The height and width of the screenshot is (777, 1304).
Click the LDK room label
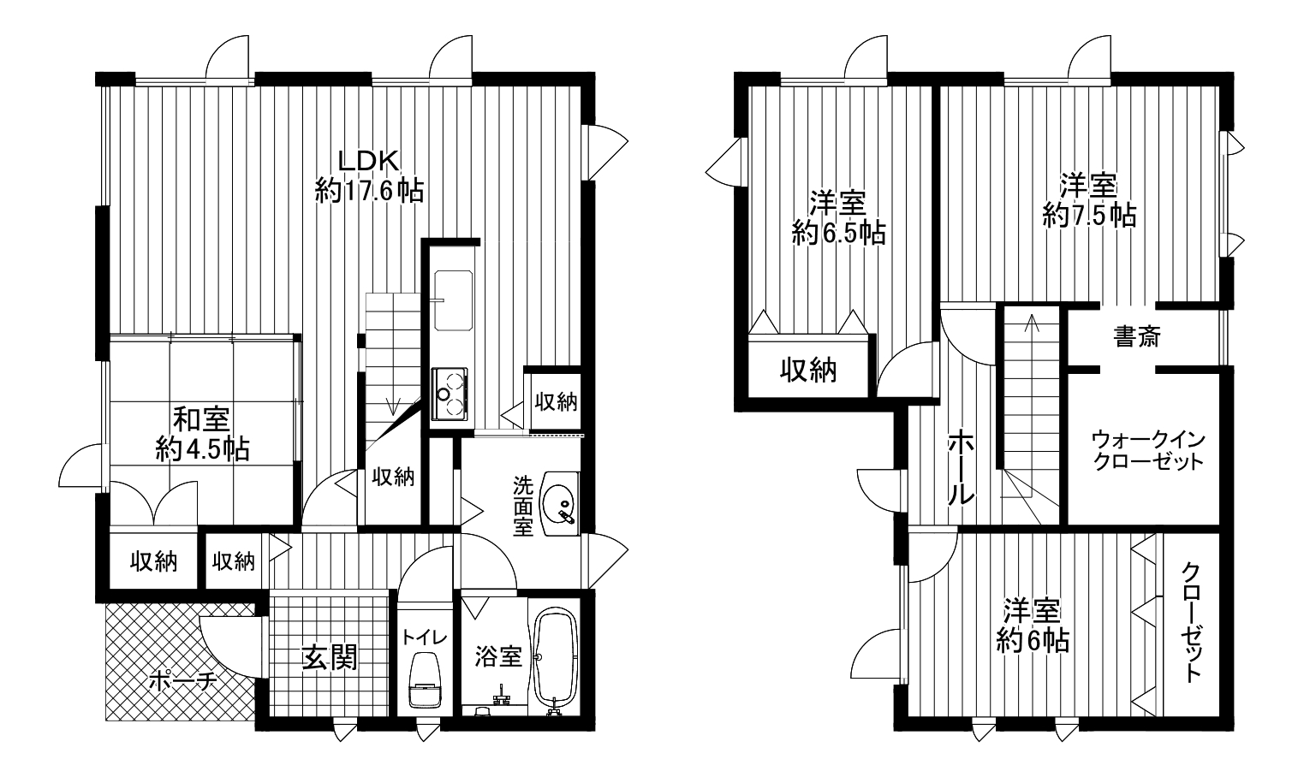(x=369, y=161)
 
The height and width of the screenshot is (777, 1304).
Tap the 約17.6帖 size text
(x=369, y=190)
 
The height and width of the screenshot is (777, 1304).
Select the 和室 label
(x=202, y=419)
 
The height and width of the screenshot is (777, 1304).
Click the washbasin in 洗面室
(x=560, y=503)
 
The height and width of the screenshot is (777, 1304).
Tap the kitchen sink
(x=453, y=301)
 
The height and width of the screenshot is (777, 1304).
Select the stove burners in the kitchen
(x=449, y=394)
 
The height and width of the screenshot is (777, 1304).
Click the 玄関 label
(x=329, y=658)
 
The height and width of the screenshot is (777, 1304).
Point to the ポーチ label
(x=183, y=680)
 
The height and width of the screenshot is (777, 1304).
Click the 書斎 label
(x=1136, y=336)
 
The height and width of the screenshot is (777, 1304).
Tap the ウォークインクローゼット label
(x=1147, y=450)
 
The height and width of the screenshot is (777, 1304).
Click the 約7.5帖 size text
(x=1088, y=216)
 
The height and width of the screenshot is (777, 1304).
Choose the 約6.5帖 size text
(x=838, y=234)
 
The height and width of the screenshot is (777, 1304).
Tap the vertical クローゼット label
(x=1191, y=621)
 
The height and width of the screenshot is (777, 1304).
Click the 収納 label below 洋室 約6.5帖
(x=808, y=370)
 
